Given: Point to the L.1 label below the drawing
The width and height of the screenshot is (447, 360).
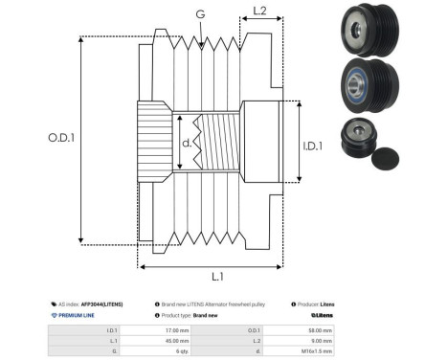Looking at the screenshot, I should [x=216, y=276].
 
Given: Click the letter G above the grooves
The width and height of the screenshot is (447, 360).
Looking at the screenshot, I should [x=199, y=13].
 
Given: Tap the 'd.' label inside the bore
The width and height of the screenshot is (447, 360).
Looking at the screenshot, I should [x=188, y=144].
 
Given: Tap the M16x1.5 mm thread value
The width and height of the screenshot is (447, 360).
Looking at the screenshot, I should [x=317, y=350].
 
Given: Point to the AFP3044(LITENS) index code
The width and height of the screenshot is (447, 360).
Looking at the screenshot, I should [x=101, y=303].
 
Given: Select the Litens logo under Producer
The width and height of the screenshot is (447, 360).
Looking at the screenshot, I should [x=322, y=314].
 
